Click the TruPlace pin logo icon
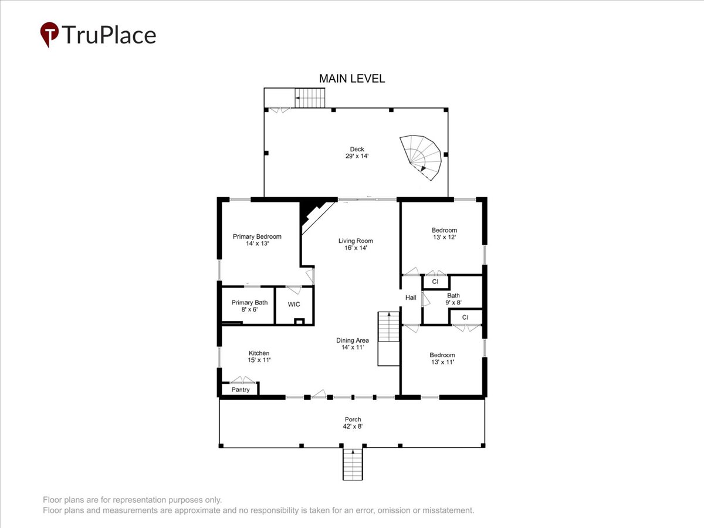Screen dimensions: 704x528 click(x=49, y=34)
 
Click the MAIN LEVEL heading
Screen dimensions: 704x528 click(x=352, y=79)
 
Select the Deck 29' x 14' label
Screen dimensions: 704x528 click(x=357, y=153)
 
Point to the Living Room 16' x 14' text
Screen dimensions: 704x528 click(x=356, y=244)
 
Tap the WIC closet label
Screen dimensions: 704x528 click(x=294, y=304)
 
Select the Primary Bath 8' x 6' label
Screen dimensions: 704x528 click(x=249, y=306)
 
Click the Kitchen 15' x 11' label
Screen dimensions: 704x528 click(x=259, y=357)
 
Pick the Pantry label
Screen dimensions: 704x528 click(x=241, y=390)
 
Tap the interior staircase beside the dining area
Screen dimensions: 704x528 click(x=389, y=339)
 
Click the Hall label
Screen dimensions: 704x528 click(x=411, y=297)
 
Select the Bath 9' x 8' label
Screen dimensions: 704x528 click(x=453, y=299)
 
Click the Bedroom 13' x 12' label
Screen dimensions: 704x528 click(x=444, y=233)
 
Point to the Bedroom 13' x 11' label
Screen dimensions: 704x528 click(x=442, y=358)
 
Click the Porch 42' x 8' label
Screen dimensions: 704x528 click(x=353, y=422)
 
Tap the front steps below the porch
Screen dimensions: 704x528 click(x=353, y=464)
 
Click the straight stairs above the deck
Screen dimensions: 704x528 click(x=310, y=98)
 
